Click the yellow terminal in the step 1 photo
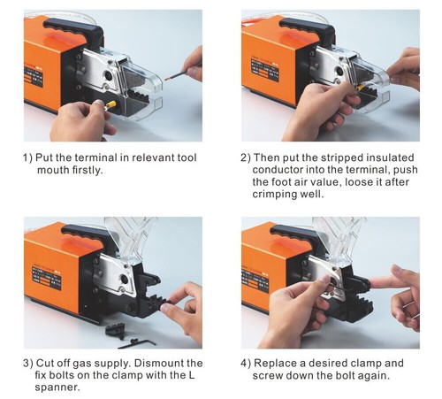114,104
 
